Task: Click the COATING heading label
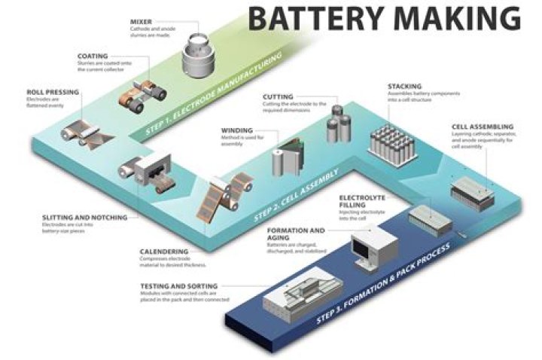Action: tap(94, 55)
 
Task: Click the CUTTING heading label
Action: tap(279, 97)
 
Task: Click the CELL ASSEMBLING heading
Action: tap(483, 127)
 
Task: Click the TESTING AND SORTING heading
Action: tap(179, 286)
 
